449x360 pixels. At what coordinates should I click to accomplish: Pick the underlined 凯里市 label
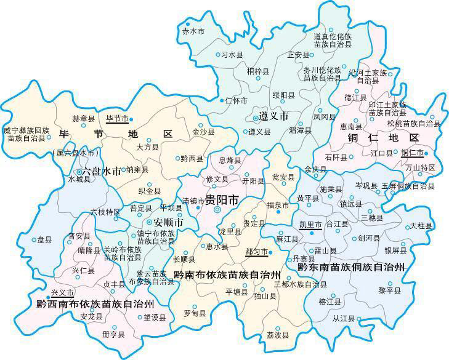click(x=310, y=225)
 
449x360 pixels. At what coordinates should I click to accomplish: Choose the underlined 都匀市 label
click(x=256, y=252)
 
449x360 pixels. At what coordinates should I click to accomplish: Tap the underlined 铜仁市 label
click(x=412, y=152)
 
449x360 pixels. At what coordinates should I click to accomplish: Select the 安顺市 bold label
click(x=168, y=222)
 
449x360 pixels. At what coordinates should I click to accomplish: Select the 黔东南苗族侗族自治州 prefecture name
click(x=351, y=268)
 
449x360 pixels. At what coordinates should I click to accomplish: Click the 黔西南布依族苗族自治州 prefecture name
click(x=95, y=303)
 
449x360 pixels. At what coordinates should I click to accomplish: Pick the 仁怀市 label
click(x=237, y=100)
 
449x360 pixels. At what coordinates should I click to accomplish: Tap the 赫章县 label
click(x=83, y=118)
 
